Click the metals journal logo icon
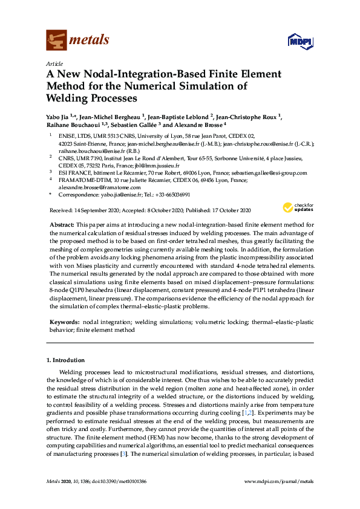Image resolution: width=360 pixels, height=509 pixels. (x=56, y=40)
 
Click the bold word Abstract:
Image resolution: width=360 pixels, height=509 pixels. (x=61, y=224)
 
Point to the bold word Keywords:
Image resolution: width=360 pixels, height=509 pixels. (x=63, y=323)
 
